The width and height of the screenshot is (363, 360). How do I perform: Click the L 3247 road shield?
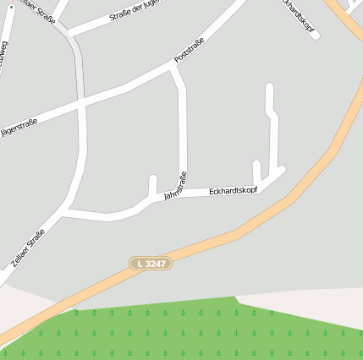[151, 264]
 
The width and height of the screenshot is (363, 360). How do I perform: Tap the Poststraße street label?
[190, 52]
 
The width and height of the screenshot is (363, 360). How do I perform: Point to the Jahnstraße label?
[175, 187]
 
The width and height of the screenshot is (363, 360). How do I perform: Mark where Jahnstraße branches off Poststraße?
[174, 70]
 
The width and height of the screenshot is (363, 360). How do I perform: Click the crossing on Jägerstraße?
[81, 104]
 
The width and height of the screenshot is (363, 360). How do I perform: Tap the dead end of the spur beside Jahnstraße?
[153, 178]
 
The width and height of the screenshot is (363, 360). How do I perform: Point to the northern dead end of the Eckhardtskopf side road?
[270, 86]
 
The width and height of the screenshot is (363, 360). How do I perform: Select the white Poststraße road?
[135, 85]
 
